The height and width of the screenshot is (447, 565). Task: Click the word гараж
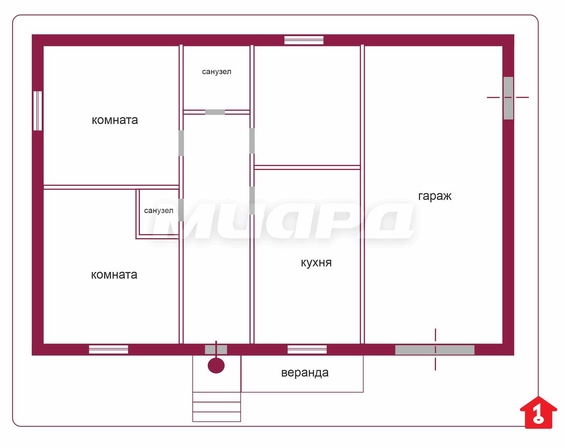click(435, 196)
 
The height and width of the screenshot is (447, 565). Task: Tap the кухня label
click(316, 263)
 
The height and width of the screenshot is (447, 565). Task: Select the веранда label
click(305, 372)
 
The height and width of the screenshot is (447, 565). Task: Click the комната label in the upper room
click(115, 120)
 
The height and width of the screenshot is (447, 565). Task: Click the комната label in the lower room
click(114, 275)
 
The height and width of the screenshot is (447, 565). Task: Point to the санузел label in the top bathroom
click(217, 72)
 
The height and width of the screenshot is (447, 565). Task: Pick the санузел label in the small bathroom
click(159, 210)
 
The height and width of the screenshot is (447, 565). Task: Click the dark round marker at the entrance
click(216, 366)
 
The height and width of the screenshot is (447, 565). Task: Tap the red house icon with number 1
click(538, 412)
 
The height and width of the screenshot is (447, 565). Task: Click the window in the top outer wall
click(304, 40)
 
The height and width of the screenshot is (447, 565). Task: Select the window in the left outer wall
click(37, 111)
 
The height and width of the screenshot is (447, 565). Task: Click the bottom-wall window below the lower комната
click(108, 349)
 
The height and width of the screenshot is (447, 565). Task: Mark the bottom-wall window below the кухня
click(307, 349)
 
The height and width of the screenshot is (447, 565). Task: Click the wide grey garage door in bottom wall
click(435, 349)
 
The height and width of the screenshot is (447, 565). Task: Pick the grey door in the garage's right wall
click(508, 98)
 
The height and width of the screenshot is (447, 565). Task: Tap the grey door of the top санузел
click(215, 112)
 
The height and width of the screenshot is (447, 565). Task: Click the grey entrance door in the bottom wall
click(216, 349)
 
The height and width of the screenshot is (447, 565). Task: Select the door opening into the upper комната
click(181, 143)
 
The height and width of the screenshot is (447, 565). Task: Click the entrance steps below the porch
click(217, 407)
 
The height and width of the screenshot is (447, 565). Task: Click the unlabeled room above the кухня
click(307, 105)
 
